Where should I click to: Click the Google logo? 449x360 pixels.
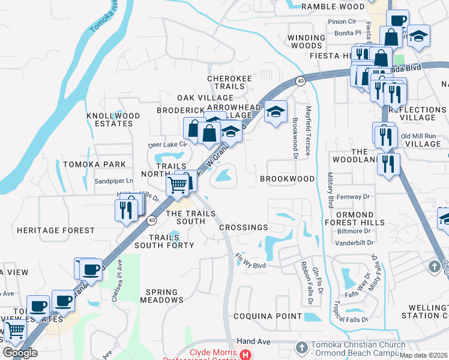[20, 353]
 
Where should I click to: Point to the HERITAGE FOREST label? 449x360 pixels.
[56, 230]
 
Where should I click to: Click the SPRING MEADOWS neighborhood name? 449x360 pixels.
[161, 295]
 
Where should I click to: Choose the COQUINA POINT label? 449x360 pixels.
[268, 317]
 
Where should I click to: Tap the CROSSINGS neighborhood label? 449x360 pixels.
[244, 227]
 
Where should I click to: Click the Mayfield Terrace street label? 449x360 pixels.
[309, 131]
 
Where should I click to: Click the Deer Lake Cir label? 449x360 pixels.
[168, 145]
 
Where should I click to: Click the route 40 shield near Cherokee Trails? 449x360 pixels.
[300, 80]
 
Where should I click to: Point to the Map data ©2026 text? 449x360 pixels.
[425, 355]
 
